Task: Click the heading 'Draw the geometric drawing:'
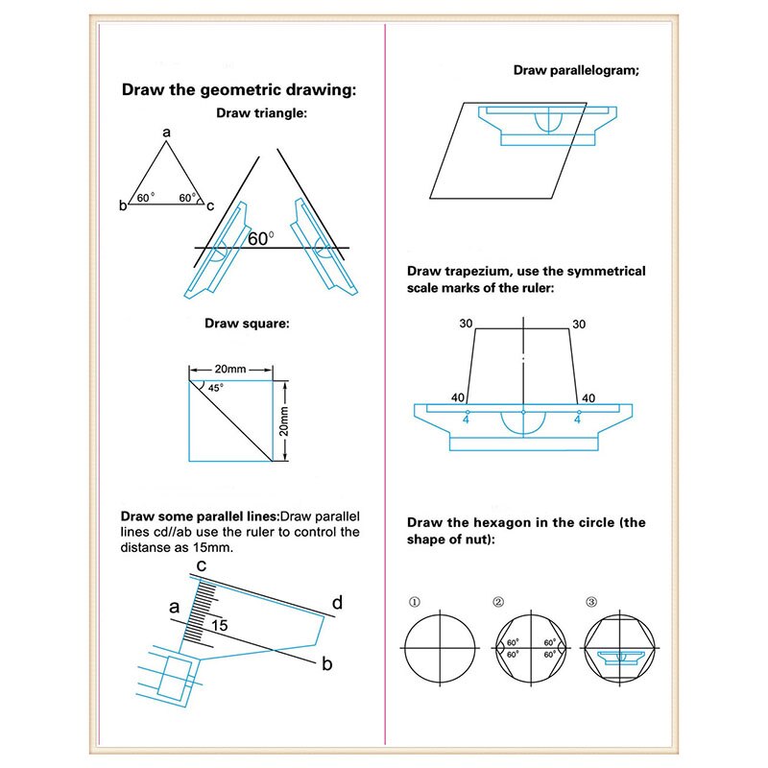click(238, 91)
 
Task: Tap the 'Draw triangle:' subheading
click(261, 113)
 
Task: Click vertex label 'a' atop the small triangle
click(166, 132)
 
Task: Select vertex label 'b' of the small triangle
click(123, 205)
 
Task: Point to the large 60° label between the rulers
click(260, 238)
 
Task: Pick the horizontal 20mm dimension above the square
click(230, 369)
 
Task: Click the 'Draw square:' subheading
click(247, 324)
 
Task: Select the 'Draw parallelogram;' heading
click(577, 70)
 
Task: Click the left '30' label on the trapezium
click(466, 324)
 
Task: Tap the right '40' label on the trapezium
click(588, 397)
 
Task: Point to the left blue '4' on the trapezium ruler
click(467, 419)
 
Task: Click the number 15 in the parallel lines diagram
click(220, 625)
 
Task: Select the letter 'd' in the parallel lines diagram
click(337, 603)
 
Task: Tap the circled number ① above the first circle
click(415, 603)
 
